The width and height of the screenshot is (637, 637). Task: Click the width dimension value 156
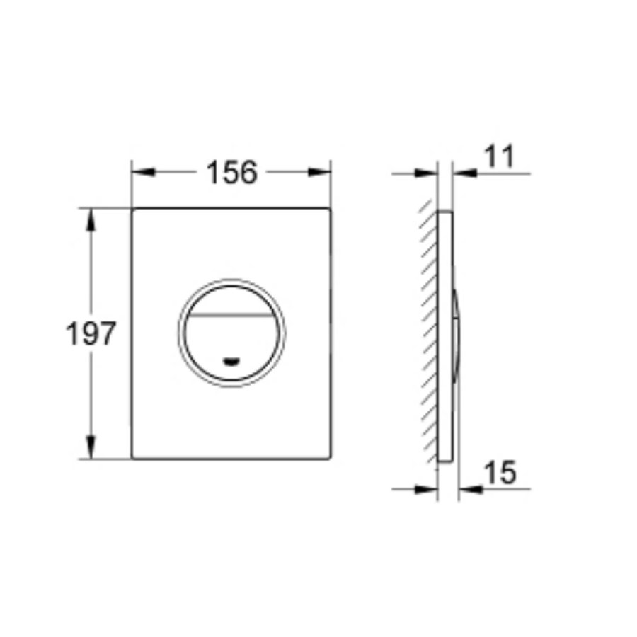[x=231, y=172]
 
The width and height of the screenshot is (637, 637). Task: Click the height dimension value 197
[x=90, y=333]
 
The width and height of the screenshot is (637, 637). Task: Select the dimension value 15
[x=502, y=473]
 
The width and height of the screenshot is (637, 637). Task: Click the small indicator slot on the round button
[x=231, y=362]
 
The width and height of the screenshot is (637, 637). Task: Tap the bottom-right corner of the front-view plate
[x=329, y=457]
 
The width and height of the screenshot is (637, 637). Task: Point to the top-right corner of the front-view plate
[x=329, y=210]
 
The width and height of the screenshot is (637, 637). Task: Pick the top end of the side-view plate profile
[x=445, y=212]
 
